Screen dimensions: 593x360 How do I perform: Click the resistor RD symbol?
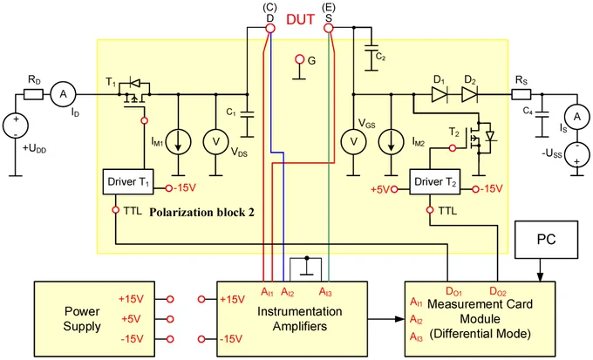click(33, 94)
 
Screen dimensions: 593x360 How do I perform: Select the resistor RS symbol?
click(521, 94)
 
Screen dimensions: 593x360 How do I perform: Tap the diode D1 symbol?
click(440, 94)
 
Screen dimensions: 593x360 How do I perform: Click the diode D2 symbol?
click(469, 94)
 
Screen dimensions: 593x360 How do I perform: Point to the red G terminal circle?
click(299, 59)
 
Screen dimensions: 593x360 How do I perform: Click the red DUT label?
click(300, 19)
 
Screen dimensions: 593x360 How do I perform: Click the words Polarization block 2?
click(202, 213)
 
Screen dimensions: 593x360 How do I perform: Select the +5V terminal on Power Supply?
click(170, 319)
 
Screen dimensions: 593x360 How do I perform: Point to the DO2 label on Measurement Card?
click(498, 291)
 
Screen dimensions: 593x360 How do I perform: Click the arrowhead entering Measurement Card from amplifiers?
click(399, 319)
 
